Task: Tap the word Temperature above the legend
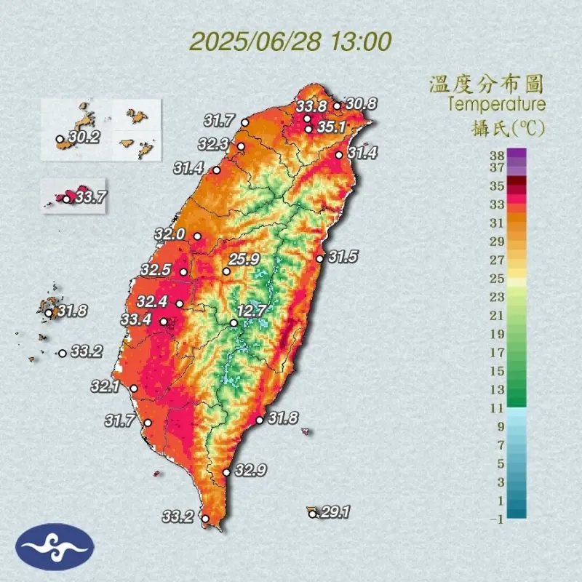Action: pos(497,104)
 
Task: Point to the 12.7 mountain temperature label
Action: pos(251,311)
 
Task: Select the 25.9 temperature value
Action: pos(244,260)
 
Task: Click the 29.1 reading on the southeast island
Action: pos(335,513)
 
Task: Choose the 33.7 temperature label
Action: pos(91,196)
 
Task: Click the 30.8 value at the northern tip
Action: pos(361,104)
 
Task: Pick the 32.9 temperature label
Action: pos(250,471)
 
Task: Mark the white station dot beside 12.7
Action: pos(234,323)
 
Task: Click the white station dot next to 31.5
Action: pos(319,258)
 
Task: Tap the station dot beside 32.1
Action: pos(134,388)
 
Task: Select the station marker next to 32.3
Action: pos(242,145)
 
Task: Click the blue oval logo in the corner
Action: pos(55,546)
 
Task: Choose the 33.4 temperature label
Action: pos(136,319)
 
